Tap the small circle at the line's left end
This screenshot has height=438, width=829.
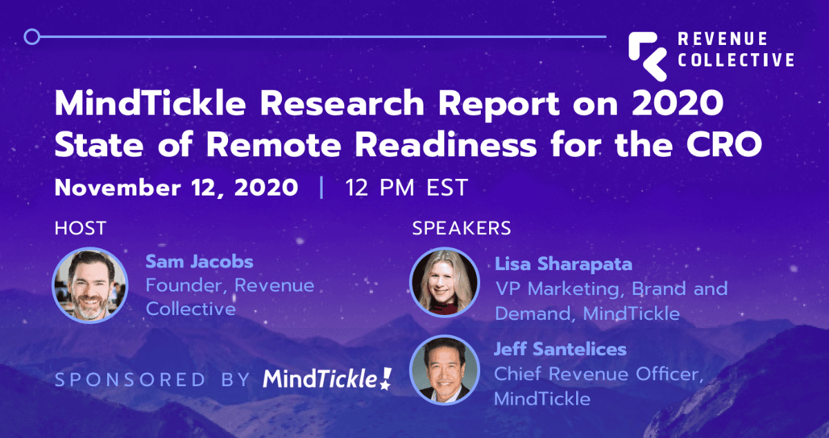(x=32, y=37)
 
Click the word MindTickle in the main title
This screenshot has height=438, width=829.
(x=151, y=104)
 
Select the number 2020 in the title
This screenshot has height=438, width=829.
(x=678, y=104)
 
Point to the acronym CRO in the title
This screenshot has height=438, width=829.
(x=724, y=145)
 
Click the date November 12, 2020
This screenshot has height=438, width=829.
(x=177, y=188)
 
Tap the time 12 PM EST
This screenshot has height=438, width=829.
(x=407, y=188)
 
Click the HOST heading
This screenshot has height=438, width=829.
(x=81, y=228)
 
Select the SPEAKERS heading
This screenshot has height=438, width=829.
(x=461, y=228)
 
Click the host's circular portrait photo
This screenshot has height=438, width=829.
(x=90, y=285)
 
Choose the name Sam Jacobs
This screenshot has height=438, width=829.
(x=200, y=262)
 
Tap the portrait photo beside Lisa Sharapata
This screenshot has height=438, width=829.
(x=444, y=282)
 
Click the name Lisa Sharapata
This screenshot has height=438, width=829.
(x=564, y=264)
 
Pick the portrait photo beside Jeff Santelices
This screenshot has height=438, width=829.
(x=444, y=370)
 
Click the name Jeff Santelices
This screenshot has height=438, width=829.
(x=560, y=349)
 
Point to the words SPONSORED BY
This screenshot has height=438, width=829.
(x=153, y=380)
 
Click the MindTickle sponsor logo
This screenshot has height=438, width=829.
(x=327, y=379)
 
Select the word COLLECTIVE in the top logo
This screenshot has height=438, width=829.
(x=736, y=60)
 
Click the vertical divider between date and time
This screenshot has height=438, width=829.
(x=321, y=188)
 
